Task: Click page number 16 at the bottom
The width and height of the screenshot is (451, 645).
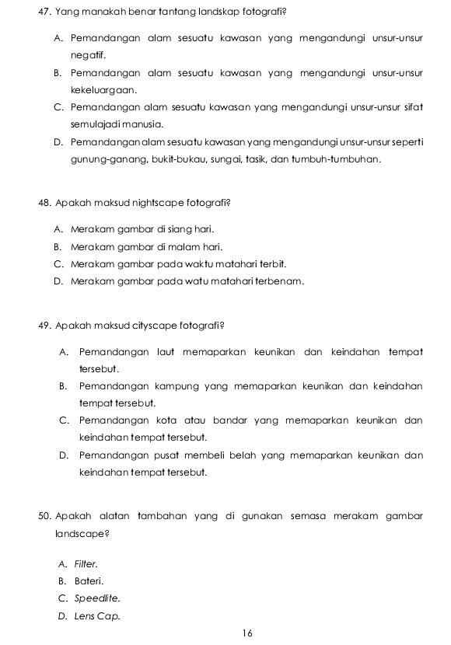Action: pyautogui.click(x=247, y=633)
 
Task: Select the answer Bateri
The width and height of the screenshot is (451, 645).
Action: pyautogui.click(x=89, y=580)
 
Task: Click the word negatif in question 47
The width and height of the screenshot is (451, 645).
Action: pyautogui.click(x=87, y=55)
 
